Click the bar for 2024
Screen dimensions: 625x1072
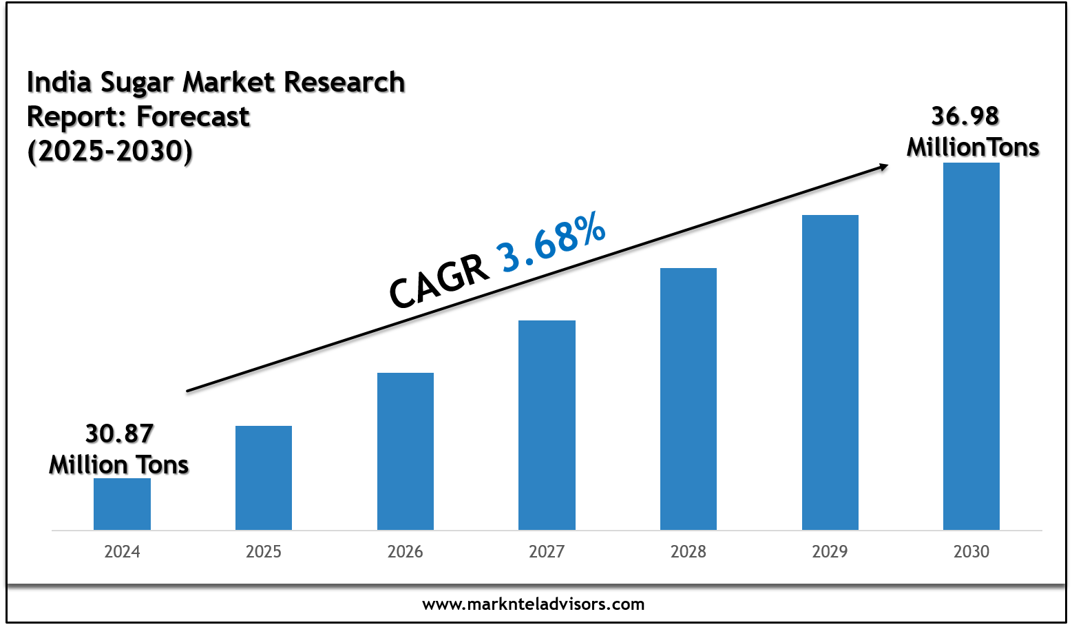[122, 504]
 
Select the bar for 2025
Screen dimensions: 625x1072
[264, 478]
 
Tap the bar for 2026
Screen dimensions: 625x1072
[406, 451]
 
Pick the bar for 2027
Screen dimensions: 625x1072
[547, 425]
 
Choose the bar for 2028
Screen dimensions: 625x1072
[689, 399]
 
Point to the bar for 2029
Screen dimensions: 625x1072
[830, 372]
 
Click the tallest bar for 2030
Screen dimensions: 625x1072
[971, 346]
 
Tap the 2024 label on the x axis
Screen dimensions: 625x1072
[122, 552]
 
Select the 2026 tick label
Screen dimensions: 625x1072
[406, 552]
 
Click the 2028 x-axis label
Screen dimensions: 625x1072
[689, 552]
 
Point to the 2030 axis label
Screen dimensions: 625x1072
[971, 552]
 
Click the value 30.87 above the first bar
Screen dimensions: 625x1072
[119, 434]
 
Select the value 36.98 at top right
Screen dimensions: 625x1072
[965, 116]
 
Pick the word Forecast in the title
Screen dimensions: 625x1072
[193, 116]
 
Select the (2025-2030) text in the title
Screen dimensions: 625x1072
[109, 151]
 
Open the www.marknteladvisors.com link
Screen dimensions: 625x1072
[534, 605]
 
